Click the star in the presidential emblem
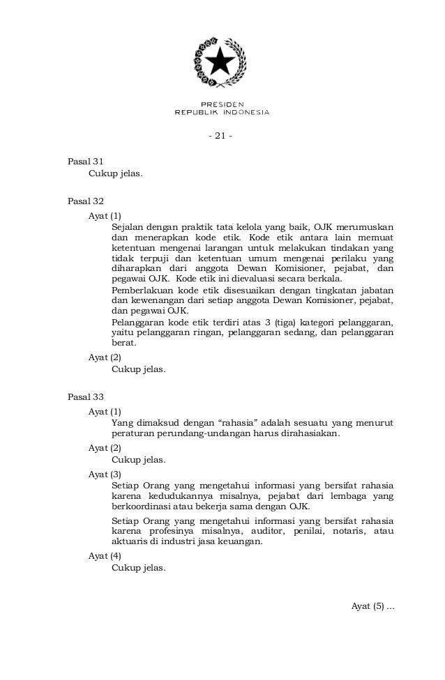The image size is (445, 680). (x=222, y=62)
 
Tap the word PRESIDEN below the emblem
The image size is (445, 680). (x=222, y=104)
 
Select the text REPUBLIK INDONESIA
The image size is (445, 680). (x=222, y=111)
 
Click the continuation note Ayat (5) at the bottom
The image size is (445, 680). (x=372, y=605)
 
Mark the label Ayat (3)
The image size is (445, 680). (x=105, y=474)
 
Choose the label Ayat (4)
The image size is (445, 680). (x=105, y=555)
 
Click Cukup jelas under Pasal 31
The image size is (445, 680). (x=115, y=172)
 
